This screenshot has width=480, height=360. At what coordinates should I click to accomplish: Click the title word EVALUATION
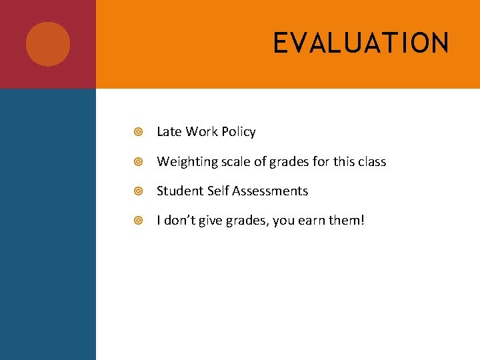(x=361, y=43)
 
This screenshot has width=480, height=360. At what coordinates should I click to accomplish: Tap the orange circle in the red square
(x=48, y=44)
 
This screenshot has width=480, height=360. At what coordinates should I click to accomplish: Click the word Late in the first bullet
(x=169, y=132)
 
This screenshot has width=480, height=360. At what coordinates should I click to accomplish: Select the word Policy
(x=238, y=132)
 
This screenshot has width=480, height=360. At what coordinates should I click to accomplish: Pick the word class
(x=371, y=162)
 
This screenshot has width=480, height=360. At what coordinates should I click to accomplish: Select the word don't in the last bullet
(x=178, y=221)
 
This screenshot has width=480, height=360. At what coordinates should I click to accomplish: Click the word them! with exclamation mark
(x=348, y=221)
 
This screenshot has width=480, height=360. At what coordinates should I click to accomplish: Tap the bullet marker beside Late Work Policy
(x=138, y=132)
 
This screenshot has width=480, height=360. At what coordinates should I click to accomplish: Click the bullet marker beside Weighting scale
(x=138, y=162)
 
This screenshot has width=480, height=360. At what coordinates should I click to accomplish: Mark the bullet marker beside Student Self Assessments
(x=138, y=191)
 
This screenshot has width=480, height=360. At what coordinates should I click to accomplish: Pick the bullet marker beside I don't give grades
(x=138, y=221)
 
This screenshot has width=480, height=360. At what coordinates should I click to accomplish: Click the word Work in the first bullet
(x=201, y=132)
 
